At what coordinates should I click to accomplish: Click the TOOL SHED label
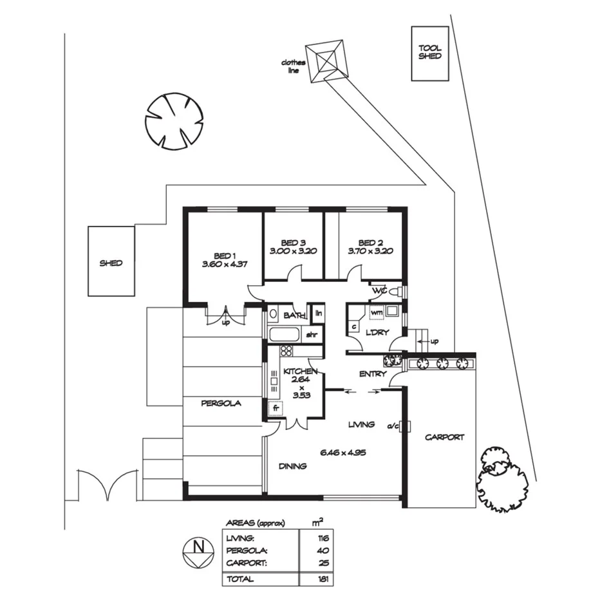(430, 52)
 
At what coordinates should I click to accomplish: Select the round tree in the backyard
(174, 122)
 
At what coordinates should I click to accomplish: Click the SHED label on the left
(111, 263)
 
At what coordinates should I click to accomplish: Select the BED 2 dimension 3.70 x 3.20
(370, 252)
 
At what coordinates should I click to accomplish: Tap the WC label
(379, 291)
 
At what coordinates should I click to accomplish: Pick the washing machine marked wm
(377, 313)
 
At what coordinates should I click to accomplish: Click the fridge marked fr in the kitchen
(275, 408)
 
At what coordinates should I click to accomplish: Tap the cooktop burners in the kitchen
(286, 351)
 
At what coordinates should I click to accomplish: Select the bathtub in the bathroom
(284, 334)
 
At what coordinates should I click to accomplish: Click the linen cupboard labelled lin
(318, 314)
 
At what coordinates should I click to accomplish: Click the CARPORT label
(444, 437)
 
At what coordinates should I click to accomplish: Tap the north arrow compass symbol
(198, 551)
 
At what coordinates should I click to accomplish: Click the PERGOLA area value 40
(323, 550)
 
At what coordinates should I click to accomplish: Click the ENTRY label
(373, 373)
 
